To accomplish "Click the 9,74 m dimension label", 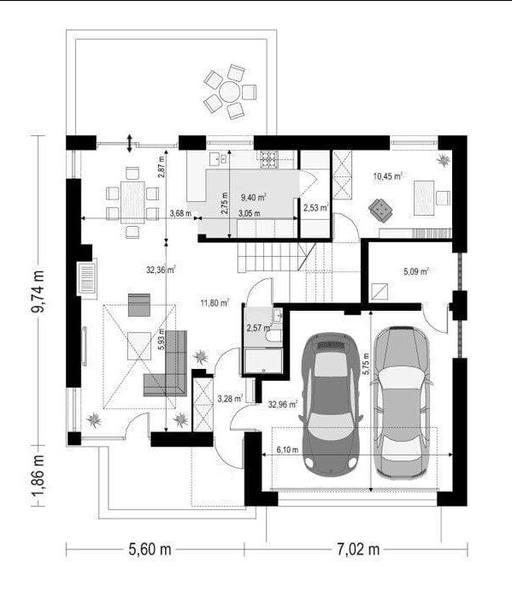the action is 38,292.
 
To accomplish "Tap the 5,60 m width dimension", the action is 150,550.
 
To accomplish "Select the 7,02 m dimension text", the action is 358,550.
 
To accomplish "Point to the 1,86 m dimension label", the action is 38,476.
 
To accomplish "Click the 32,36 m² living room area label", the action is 161,270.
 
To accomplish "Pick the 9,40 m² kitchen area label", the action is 253,198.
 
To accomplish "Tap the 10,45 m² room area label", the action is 387,176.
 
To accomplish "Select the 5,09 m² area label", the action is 416,272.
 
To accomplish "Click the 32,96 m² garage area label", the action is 283,405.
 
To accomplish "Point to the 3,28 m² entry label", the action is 231,399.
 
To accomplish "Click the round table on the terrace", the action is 230,92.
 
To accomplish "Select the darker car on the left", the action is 331,404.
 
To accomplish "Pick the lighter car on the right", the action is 403,402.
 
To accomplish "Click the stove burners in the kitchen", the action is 269,160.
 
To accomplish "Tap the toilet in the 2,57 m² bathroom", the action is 274,336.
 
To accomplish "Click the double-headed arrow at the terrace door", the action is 130,144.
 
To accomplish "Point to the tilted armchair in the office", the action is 380,210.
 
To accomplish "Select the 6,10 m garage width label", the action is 287,450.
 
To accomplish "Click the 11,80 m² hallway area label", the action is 215,304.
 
